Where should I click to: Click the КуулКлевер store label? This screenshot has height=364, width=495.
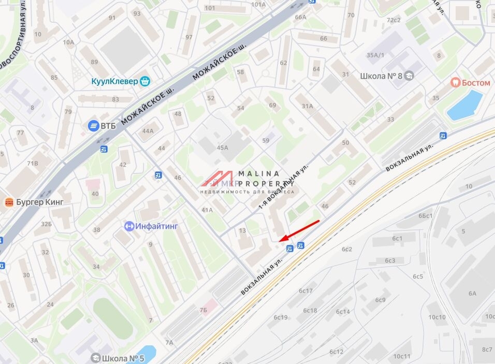pyautogui.click(x=115, y=81)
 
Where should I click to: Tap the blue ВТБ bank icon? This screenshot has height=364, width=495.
pyautogui.click(x=94, y=125)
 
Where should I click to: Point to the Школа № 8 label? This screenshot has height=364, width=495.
pyautogui.click(x=381, y=76)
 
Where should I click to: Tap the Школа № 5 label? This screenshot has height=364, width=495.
pyautogui.click(x=123, y=358)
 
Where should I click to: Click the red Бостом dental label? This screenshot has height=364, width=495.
pyautogui.click(x=475, y=82)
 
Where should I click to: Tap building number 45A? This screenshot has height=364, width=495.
pyautogui.click(x=222, y=148)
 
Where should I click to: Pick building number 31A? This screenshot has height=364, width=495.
pyautogui.click(x=308, y=106)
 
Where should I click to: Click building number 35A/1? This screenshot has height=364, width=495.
pyautogui.click(x=375, y=55)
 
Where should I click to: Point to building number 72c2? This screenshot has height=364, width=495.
pyautogui.click(x=394, y=20)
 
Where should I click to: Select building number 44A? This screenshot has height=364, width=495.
pyautogui.click(x=148, y=131)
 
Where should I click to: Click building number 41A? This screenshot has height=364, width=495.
pyautogui.click(x=207, y=210)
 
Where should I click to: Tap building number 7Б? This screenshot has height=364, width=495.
pyautogui.click(x=203, y=310)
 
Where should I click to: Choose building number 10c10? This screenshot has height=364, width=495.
pyautogui.click(x=436, y=317)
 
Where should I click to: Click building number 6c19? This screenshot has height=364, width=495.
pyautogui.click(x=281, y=317)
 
